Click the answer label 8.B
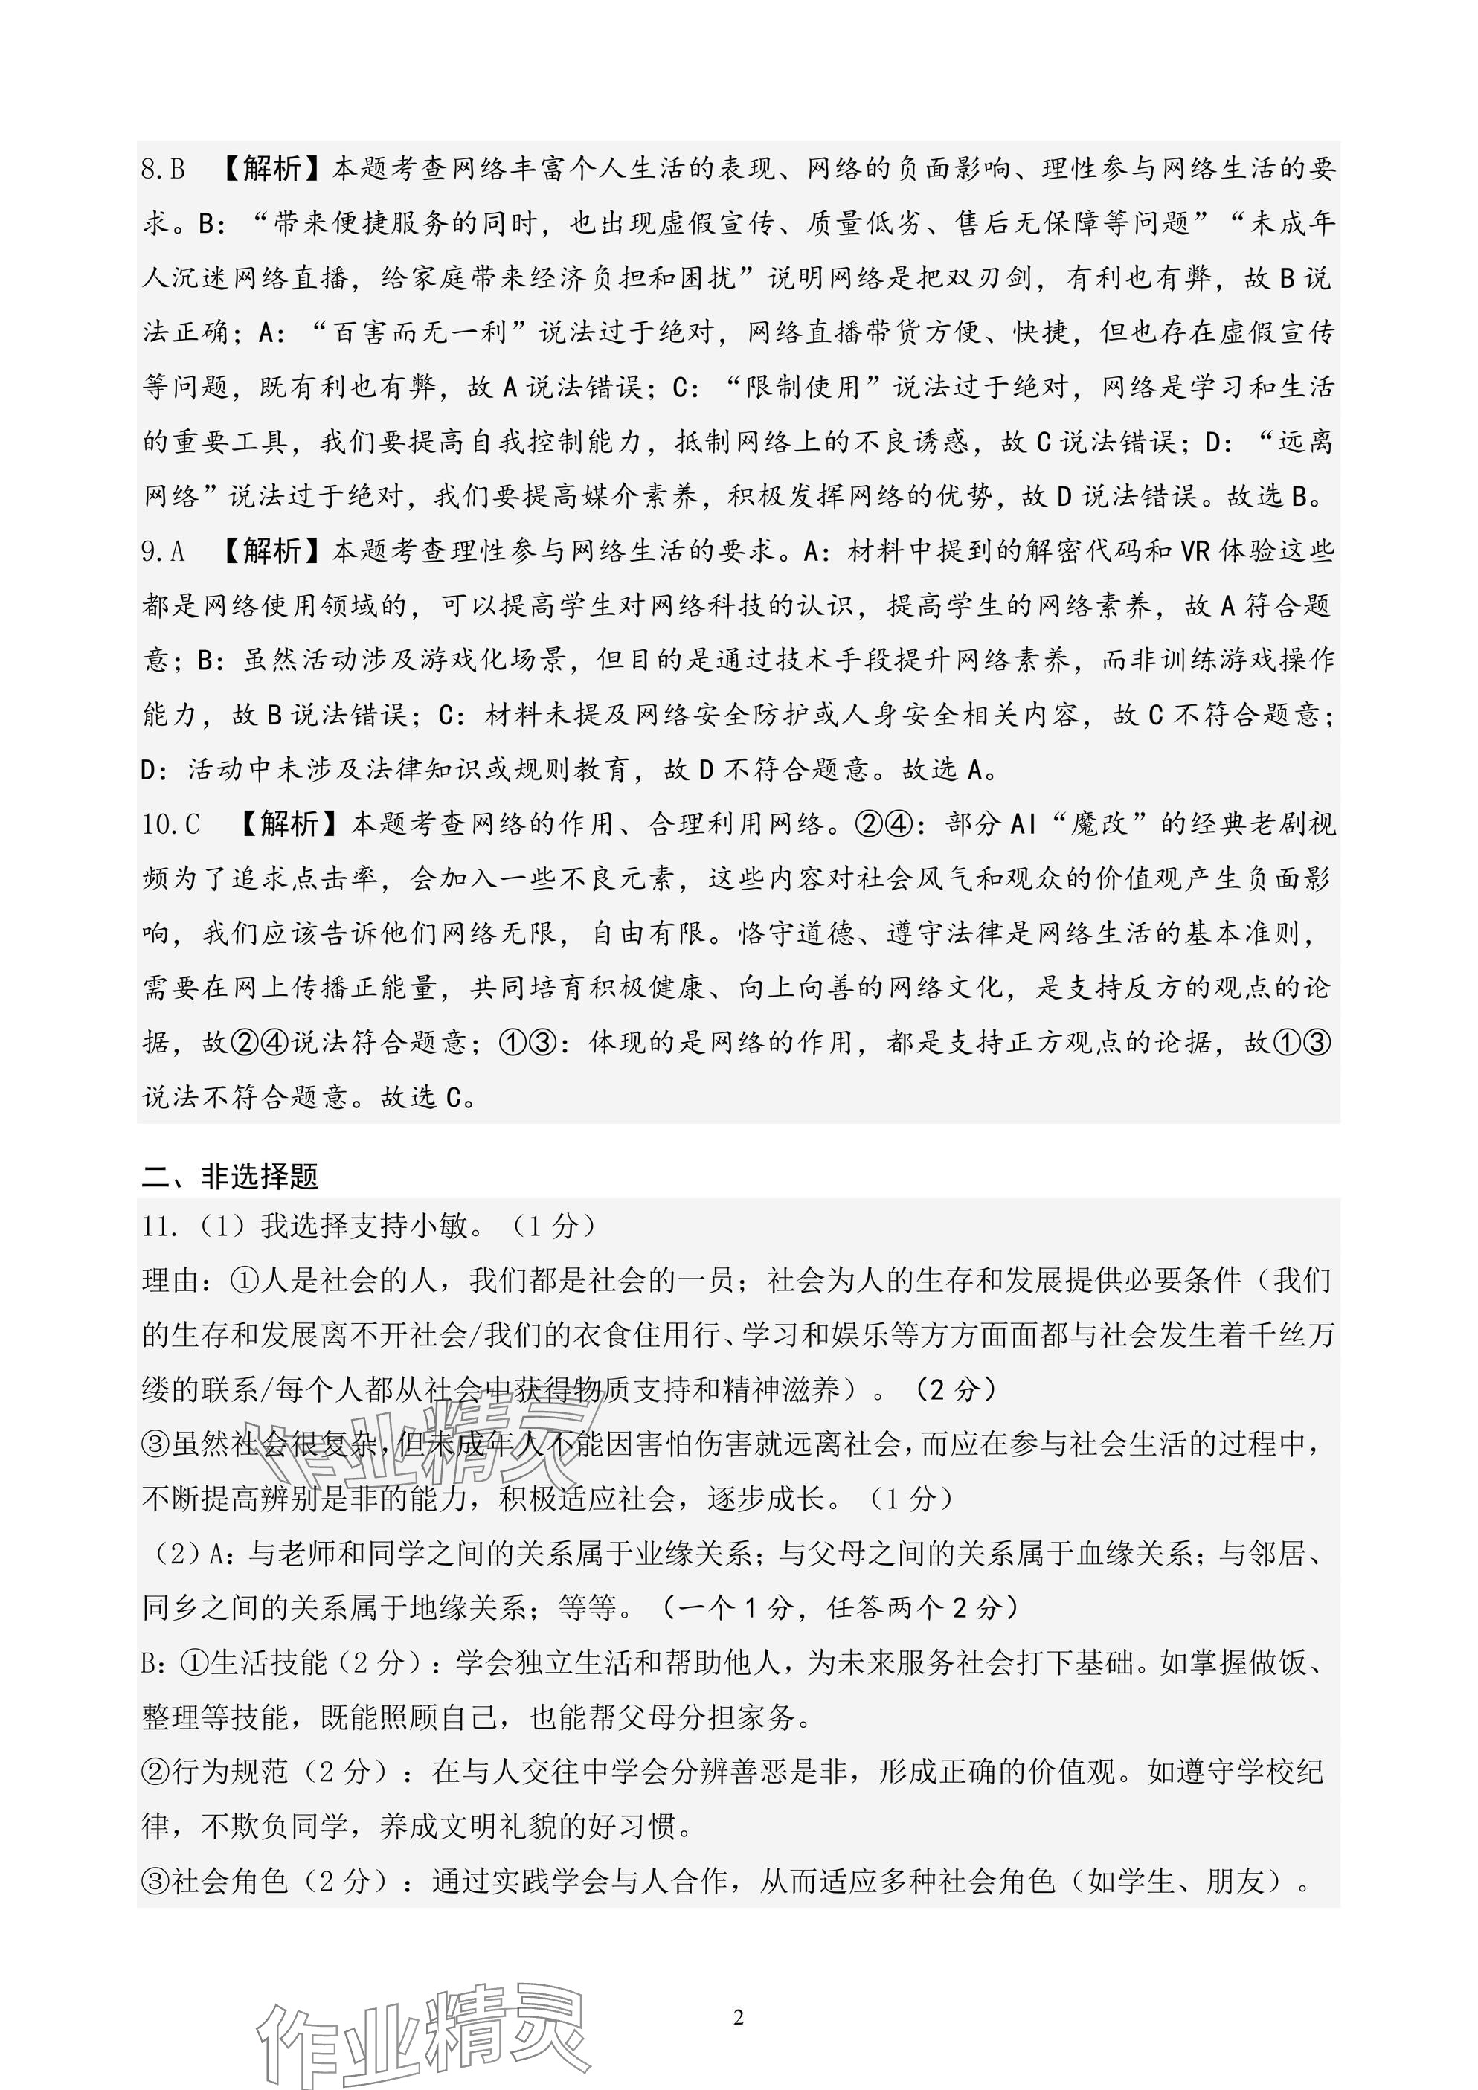pos(164,170)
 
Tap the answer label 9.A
pos(164,552)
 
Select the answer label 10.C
pos(171,825)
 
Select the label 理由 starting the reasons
pos(171,1282)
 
